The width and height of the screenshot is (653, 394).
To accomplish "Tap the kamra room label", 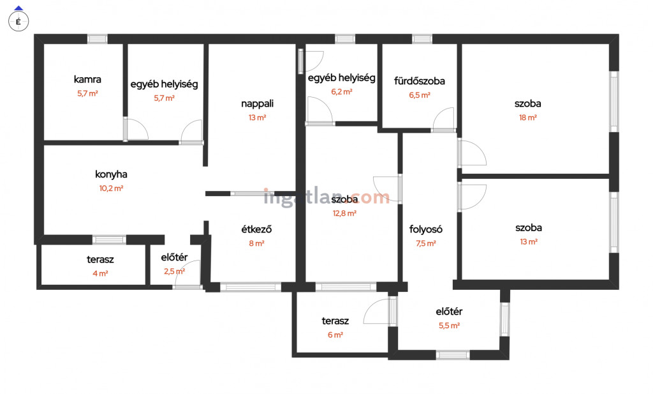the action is [87, 79].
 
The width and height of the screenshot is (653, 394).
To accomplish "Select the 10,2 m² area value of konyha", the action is [111, 188].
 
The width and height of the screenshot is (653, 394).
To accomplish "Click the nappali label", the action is [258, 104].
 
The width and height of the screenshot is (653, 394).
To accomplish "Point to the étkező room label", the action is [256, 229].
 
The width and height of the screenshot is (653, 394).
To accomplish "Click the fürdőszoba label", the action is [420, 81].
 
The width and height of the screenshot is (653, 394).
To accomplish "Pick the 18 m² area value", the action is [527, 117].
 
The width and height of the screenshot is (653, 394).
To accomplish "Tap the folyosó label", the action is [425, 229].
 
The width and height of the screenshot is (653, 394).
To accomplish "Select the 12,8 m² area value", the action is [344, 213].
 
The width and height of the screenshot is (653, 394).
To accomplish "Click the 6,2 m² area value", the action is [342, 92].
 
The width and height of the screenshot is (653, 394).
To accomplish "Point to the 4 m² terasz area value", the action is [100, 273].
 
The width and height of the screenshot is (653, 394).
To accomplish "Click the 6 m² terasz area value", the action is [335, 335].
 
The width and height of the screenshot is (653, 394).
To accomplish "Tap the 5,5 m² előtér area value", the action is [449, 326].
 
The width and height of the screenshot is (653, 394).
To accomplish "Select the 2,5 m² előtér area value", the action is [175, 271].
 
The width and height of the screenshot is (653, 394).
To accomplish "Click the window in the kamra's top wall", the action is [97, 39].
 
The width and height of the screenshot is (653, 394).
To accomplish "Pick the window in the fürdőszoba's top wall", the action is [422, 39].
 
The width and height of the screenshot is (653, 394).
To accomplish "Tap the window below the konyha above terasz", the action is [109, 239].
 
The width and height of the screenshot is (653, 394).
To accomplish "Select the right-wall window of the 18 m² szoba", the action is [614, 102].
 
